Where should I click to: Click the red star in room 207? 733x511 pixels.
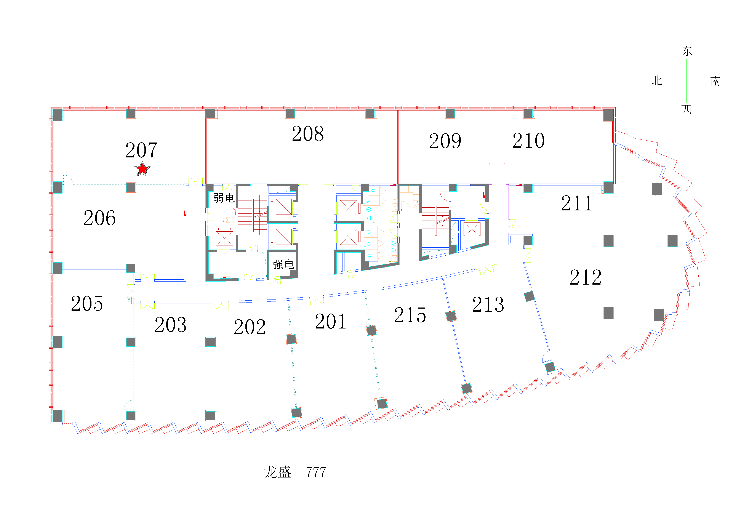(x=142, y=169)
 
